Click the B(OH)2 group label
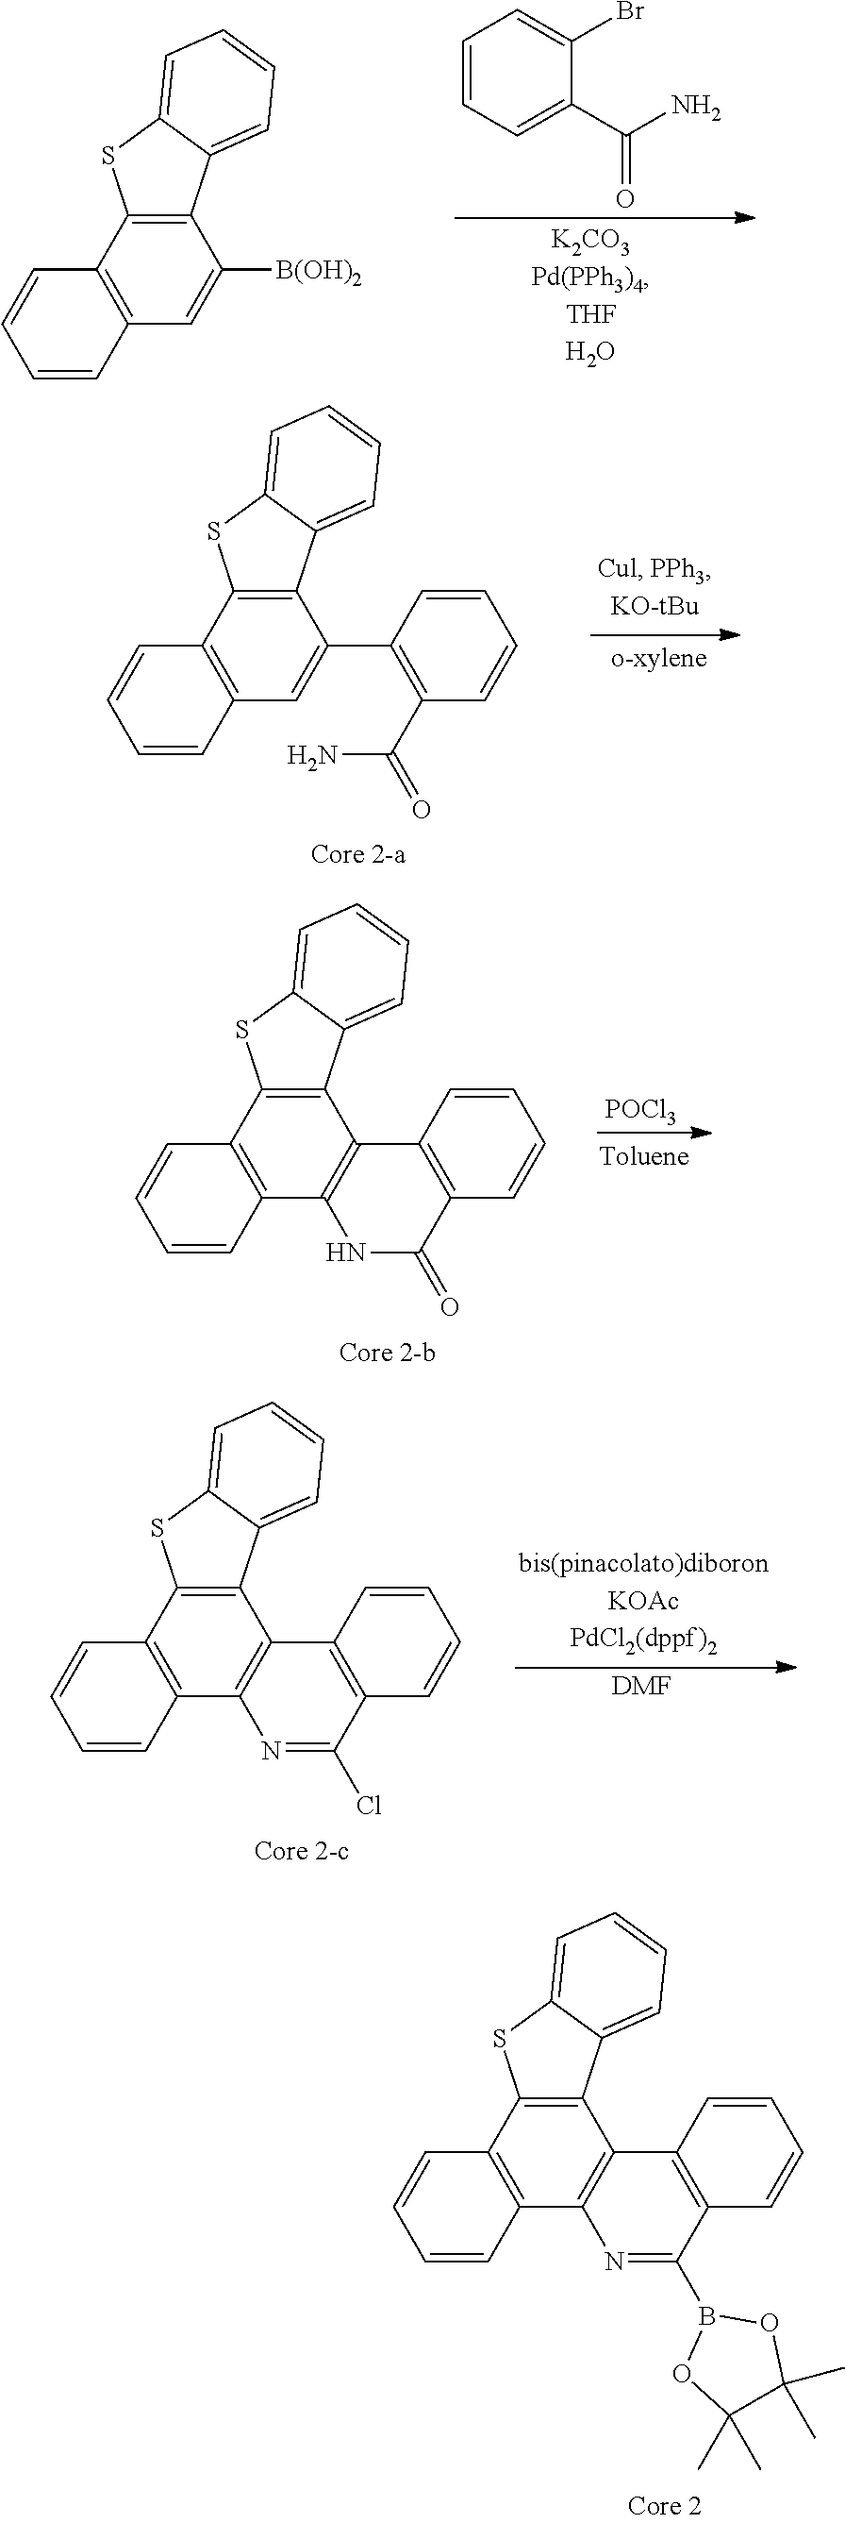[318, 271]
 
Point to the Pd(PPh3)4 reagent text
[590, 278]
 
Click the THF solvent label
[589, 313]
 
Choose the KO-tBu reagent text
[654, 605]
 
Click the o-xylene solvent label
[658, 657]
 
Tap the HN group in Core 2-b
[344, 1253]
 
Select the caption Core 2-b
[387, 1353]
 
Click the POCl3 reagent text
[640, 1111]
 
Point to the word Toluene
[644, 1155]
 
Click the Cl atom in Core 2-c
[368, 1805]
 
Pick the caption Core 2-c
[302, 1850]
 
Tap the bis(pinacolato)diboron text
[643, 1563]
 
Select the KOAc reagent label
[642, 1601]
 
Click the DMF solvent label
[642, 1686]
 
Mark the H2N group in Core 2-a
[312, 755]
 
